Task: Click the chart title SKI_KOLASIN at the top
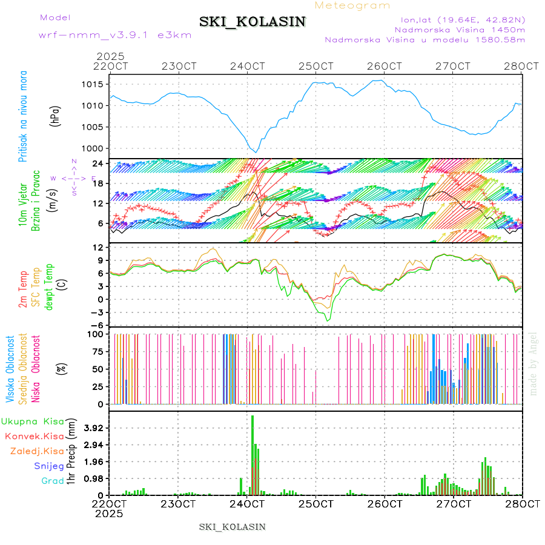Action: click(x=253, y=22)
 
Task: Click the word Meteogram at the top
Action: click(x=353, y=5)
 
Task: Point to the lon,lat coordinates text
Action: click(x=459, y=19)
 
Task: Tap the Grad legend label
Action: click(x=53, y=481)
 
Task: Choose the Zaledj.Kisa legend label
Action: click(x=37, y=451)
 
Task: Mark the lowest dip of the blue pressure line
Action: click(x=256, y=152)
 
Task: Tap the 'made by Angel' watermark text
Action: click(x=533, y=363)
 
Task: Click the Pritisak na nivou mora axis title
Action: click(x=23, y=115)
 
